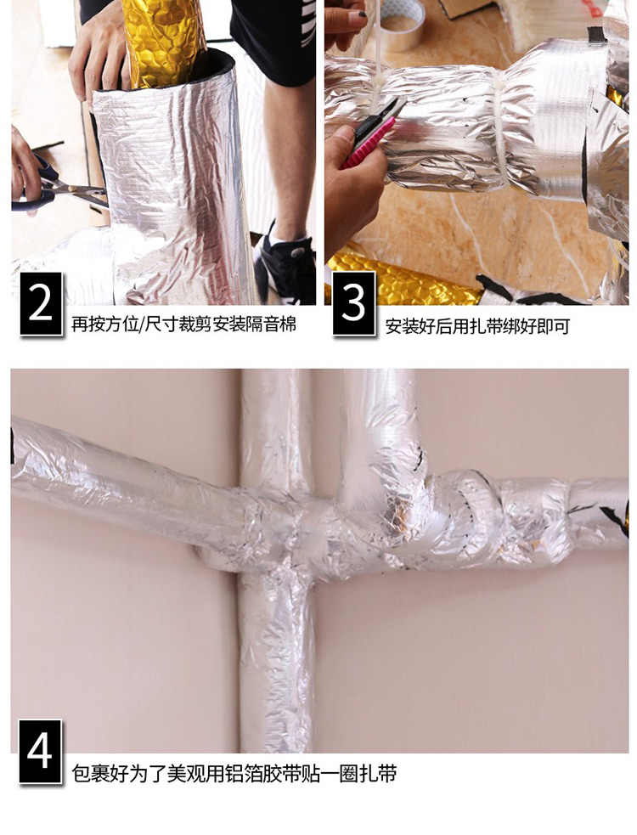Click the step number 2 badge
click(x=41, y=303)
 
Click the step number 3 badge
click(x=354, y=303)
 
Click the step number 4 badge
click(x=41, y=752)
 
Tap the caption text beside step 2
click(x=183, y=324)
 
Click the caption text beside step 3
click(x=477, y=326)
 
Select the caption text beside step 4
click(x=234, y=773)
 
